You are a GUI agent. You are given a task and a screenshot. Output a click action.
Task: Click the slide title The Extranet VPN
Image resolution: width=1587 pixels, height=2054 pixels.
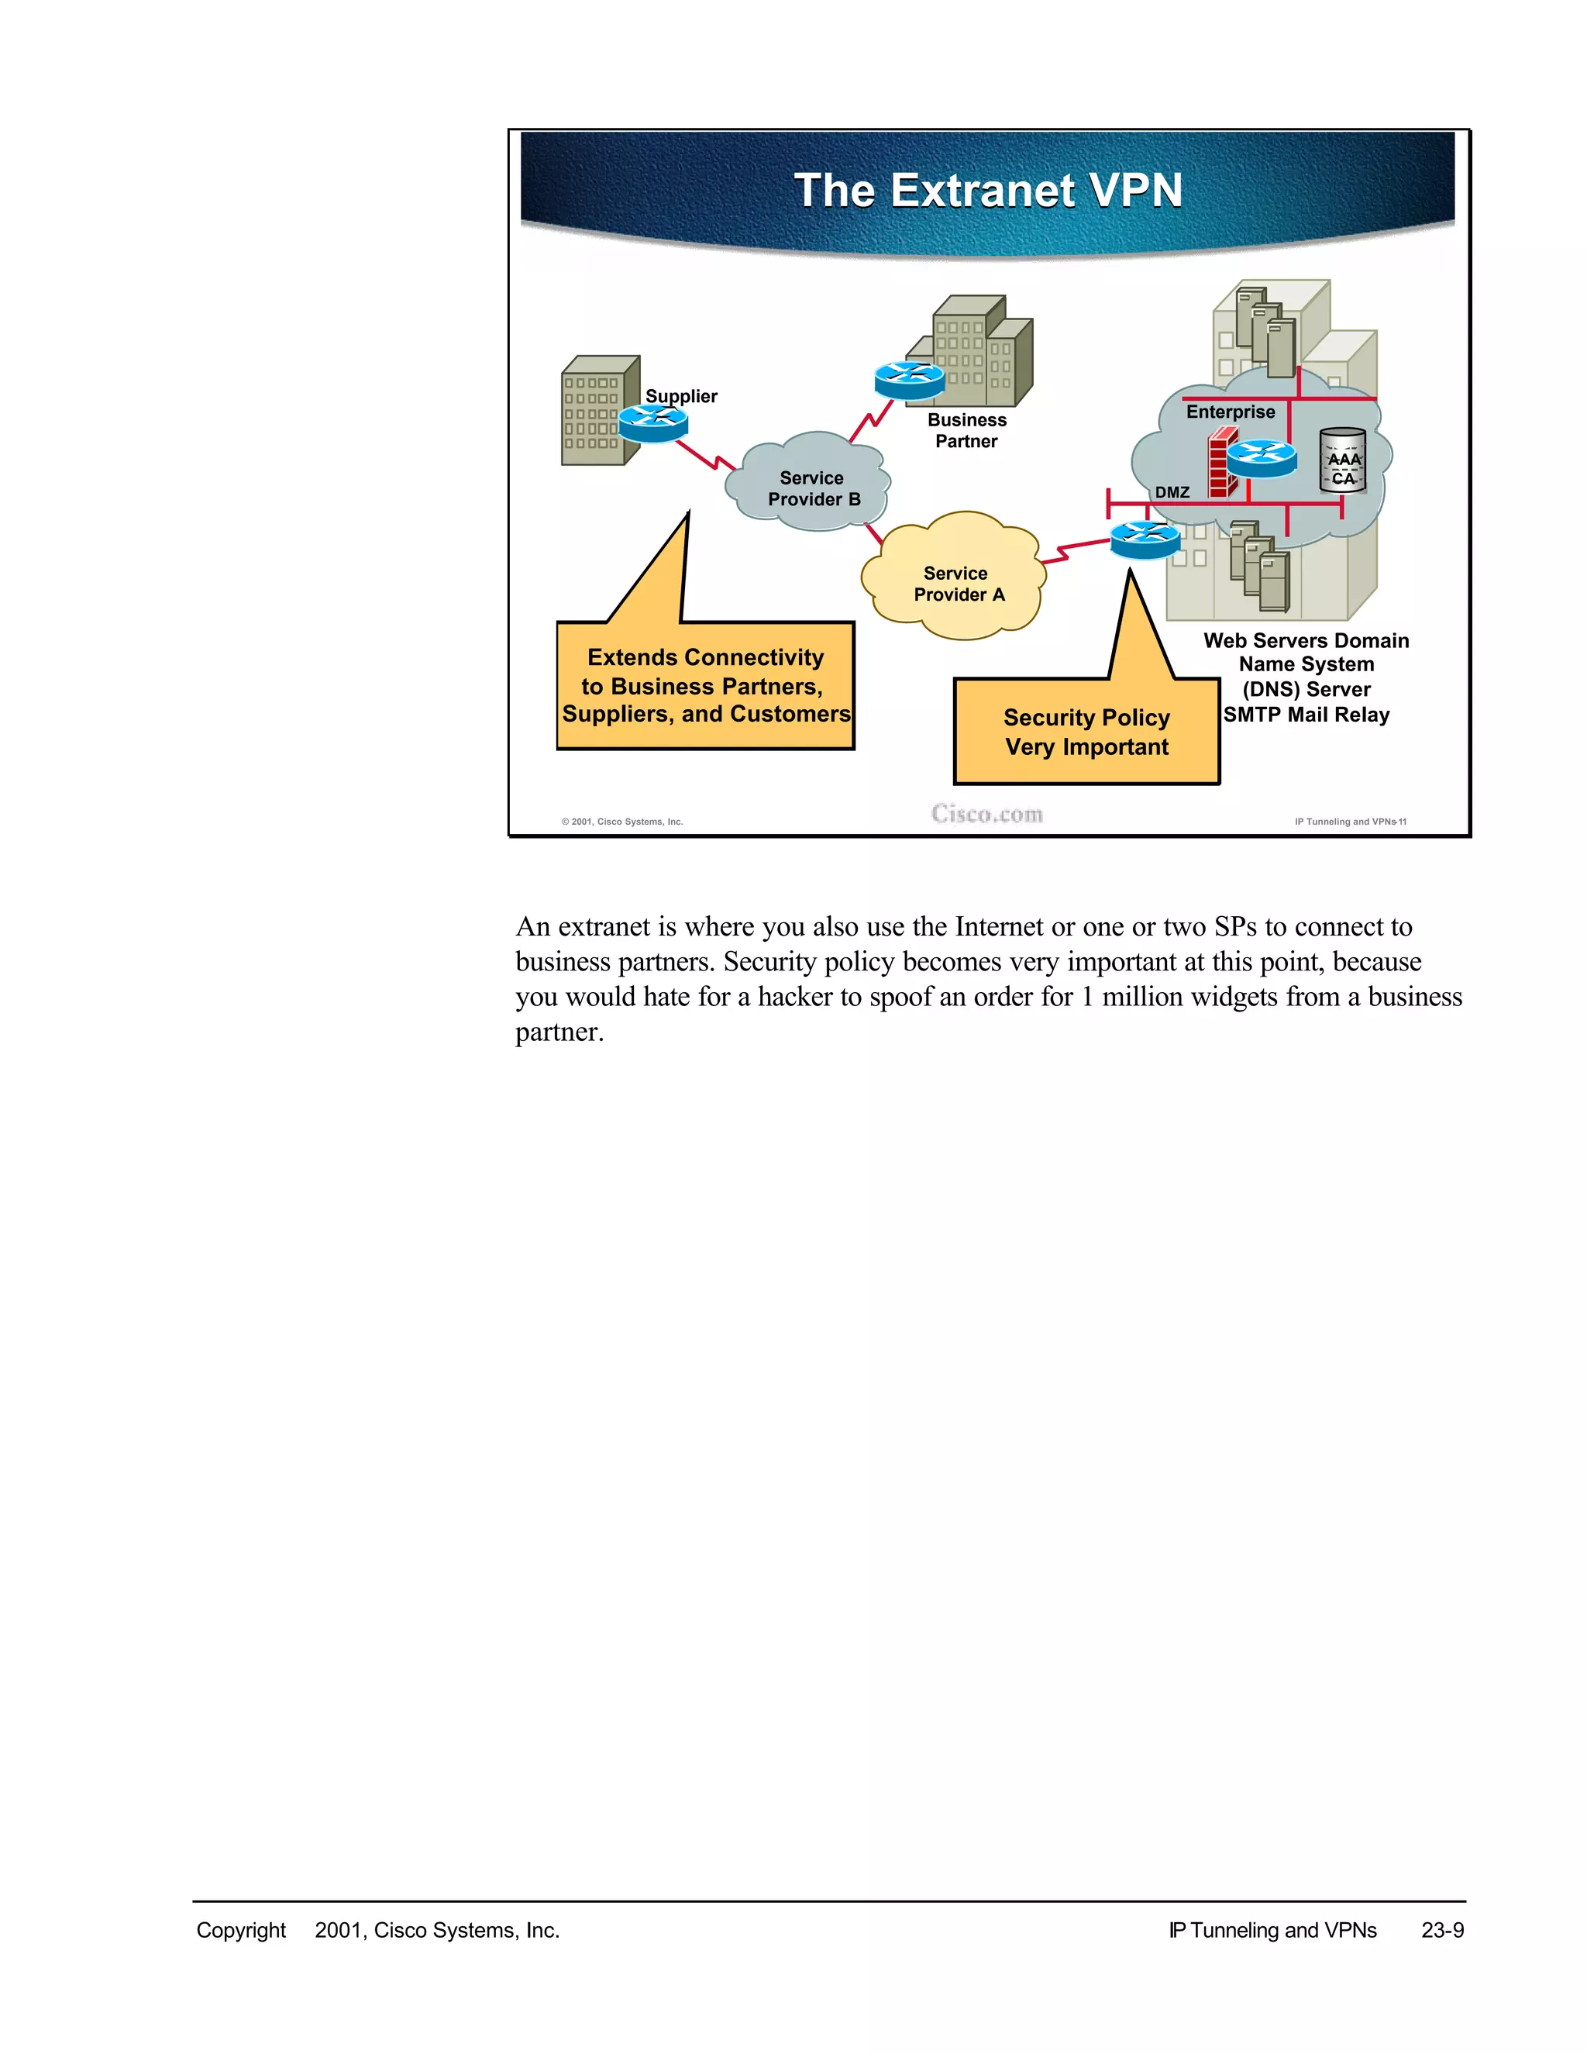point(987,190)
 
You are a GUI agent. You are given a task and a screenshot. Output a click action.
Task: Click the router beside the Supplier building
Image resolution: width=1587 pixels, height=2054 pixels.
point(653,422)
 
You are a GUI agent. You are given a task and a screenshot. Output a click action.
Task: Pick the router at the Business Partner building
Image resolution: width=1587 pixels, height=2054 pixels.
point(909,380)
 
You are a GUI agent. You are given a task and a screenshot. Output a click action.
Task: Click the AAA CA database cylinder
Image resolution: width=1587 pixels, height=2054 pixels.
point(1343,461)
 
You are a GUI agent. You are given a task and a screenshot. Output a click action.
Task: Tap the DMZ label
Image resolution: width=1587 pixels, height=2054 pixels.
point(1172,492)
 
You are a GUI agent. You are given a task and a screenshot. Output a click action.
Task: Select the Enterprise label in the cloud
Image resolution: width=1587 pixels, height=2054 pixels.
point(1230,412)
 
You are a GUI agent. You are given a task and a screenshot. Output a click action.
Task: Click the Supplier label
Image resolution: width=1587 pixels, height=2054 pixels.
point(680,396)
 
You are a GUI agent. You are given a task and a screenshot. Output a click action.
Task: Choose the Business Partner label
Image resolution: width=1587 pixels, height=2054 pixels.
point(966,431)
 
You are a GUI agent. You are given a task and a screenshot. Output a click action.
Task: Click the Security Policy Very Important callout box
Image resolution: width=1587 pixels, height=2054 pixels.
point(1086,732)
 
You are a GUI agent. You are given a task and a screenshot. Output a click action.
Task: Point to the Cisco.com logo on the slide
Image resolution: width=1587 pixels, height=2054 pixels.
point(987,814)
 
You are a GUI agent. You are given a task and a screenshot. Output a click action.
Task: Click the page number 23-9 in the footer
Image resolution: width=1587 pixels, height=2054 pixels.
point(1442,1930)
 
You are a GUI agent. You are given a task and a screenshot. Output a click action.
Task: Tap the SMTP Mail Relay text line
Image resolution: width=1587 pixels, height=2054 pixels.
point(1306,715)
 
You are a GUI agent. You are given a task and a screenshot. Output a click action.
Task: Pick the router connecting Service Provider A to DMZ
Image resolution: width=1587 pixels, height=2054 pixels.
point(1145,539)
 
